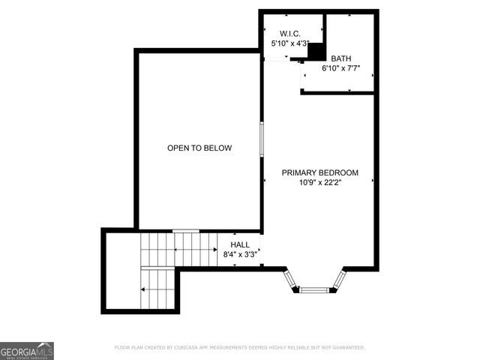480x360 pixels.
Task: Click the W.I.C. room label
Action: pos(289,34)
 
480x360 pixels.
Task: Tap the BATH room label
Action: pos(340,58)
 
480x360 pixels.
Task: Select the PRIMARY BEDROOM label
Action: pos(319,172)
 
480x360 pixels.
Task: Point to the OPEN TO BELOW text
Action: pos(199,148)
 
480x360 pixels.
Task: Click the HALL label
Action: pos(240,244)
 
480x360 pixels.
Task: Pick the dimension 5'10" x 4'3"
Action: pos(289,44)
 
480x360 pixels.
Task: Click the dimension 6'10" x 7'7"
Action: pos(340,68)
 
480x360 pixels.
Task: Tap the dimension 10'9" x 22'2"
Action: pos(319,182)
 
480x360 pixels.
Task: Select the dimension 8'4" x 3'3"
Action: pos(240,254)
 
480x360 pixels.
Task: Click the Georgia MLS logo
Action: pos(27,350)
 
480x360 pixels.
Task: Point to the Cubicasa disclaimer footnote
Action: pos(239,348)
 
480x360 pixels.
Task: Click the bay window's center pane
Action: pos(314,289)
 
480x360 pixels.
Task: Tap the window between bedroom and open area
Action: pos(261,139)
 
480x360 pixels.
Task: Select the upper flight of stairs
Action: pos(178,248)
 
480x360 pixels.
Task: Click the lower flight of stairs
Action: pos(157,289)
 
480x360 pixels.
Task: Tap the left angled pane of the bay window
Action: pos(291,280)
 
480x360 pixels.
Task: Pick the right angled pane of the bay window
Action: pos(339,280)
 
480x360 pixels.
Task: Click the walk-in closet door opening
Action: pos(275,58)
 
